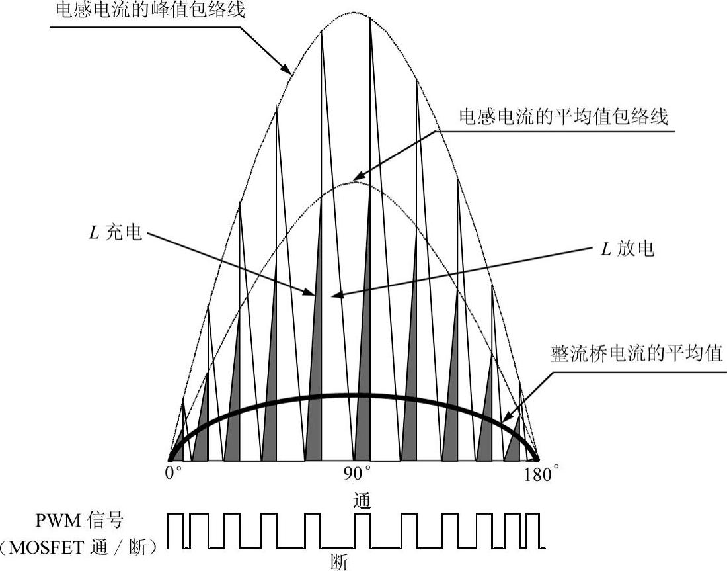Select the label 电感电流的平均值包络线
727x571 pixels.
pyautogui.click(x=564, y=116)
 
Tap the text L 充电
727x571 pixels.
pyautogui.click(x=116, y=234)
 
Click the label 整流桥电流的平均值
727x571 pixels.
pyautogui.click(x=637, y=352)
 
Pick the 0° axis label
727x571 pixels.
pyautogui.click(x=173, y=474)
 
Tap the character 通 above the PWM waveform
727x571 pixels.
pyautogui.click(x=362, y=500)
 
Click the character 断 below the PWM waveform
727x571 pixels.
pyautogui.click(x=338, y=562)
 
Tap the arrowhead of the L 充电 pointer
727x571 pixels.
pyautogui.click(x=313, y=293)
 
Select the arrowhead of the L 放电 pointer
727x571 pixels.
pyautogui.click(x=337, y=295)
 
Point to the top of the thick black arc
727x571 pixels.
pyautogui.click(x=354, y=395)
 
